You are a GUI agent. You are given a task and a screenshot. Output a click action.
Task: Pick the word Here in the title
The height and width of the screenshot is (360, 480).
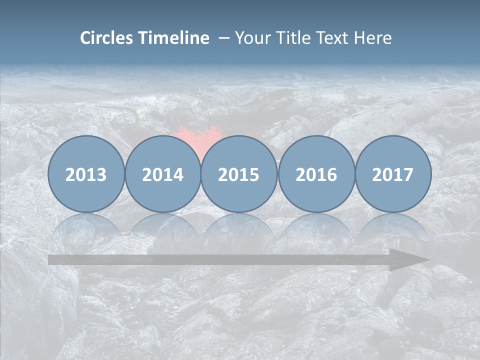[372, 38]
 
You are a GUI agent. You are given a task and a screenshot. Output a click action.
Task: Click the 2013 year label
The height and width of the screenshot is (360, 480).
[86, 174]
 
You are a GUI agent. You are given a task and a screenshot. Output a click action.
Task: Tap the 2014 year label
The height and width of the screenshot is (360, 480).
[162, 174]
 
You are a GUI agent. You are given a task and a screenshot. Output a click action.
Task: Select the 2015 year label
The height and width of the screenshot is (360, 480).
[239, 174]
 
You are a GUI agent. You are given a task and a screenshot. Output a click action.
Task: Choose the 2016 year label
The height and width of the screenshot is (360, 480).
[316, 174]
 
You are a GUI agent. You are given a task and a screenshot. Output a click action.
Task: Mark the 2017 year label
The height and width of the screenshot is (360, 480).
[392, 174]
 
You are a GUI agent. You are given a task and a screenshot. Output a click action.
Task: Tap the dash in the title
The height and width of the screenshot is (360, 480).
[224, 38]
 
